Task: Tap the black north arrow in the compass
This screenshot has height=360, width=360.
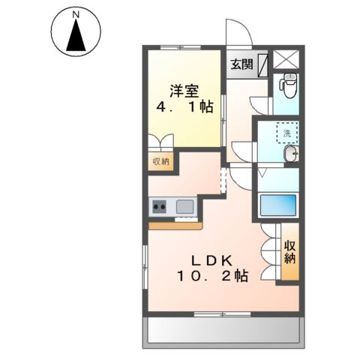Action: pos(76,34)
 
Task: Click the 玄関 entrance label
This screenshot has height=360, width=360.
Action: pos(241,64)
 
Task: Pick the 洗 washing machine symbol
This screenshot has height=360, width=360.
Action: pos(287,133)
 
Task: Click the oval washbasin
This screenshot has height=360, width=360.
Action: pos(290,155)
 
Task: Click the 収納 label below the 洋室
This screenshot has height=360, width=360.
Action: pos(160,160)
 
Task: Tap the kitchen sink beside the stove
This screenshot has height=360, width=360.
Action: pos(184,205)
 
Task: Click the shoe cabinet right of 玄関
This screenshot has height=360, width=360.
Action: pos(264,65)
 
